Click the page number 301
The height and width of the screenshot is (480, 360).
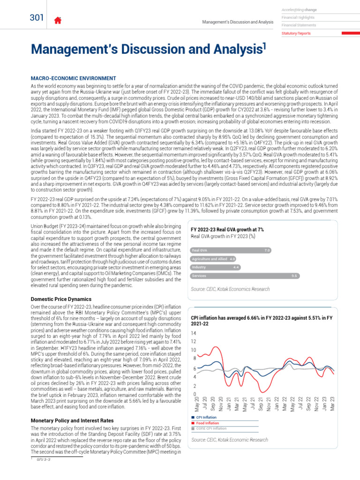tap(36, 18)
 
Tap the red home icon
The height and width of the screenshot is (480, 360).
tap(58, 20)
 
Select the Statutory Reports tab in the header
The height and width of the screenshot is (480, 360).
tap(296, 33)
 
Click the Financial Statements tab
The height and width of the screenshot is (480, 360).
tap(299, 25)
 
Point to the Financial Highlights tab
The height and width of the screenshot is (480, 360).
tap(298, 17)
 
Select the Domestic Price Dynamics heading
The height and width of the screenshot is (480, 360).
tap(61, 299)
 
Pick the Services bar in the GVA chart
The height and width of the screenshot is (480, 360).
tap(244, 276)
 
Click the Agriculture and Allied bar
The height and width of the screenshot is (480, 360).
tap(213, 258)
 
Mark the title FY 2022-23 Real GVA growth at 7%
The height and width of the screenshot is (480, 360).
tap(227, 229)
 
